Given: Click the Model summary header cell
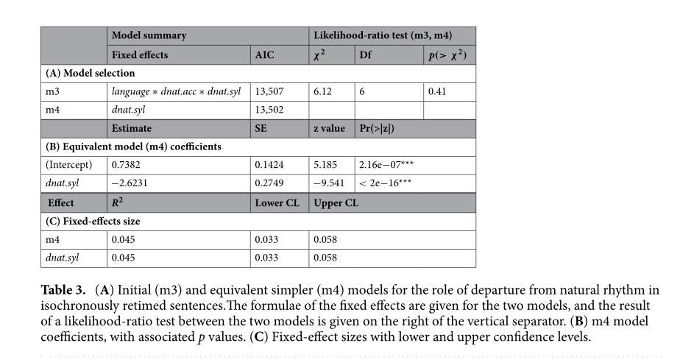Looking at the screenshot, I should tap(149, 35).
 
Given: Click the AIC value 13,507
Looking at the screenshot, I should tap(270, 92).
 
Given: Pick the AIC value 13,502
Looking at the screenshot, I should tap(270, 110).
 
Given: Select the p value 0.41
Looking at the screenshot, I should tap(438, 92).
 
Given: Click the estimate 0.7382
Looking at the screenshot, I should tap(127, 165).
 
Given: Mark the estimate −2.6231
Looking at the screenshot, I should tap(130, 183).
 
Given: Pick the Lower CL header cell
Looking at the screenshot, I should tap(278, 202).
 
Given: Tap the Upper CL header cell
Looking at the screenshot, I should tap(336, 202).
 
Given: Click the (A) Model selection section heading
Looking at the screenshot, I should tap(91, 73).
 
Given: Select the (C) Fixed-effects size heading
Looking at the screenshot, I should tap(92, 221).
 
